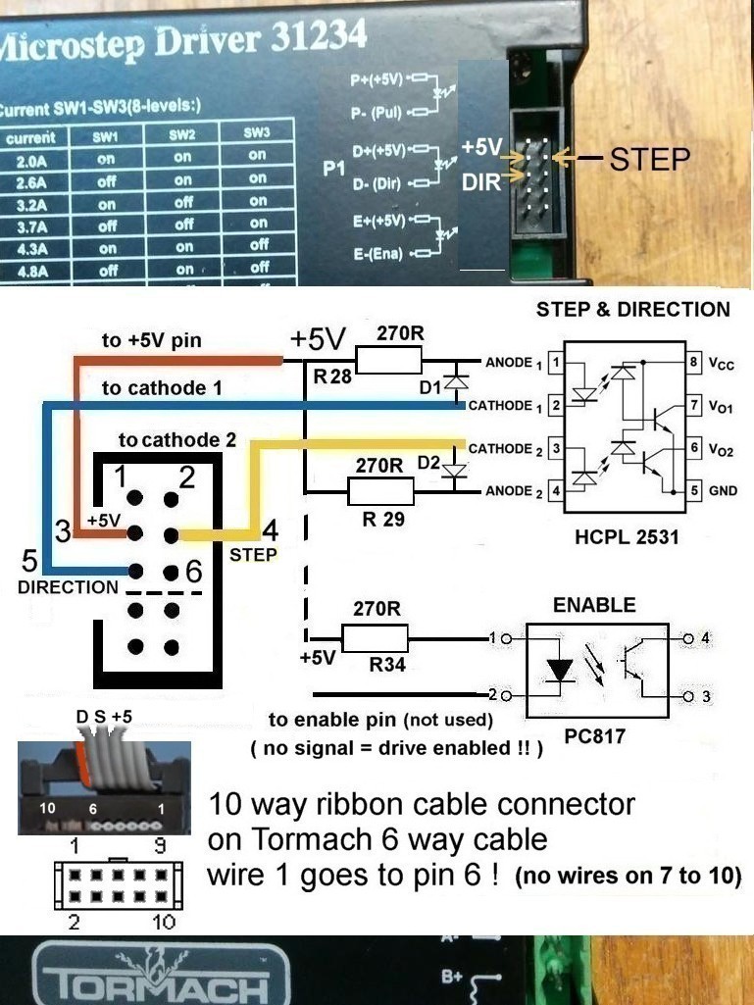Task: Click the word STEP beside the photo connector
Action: [650, 160]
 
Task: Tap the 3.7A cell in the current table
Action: [30, 226]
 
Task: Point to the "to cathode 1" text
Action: [162, 388]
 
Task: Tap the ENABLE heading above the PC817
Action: [594, 605]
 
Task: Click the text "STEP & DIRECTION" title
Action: [632, 310]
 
